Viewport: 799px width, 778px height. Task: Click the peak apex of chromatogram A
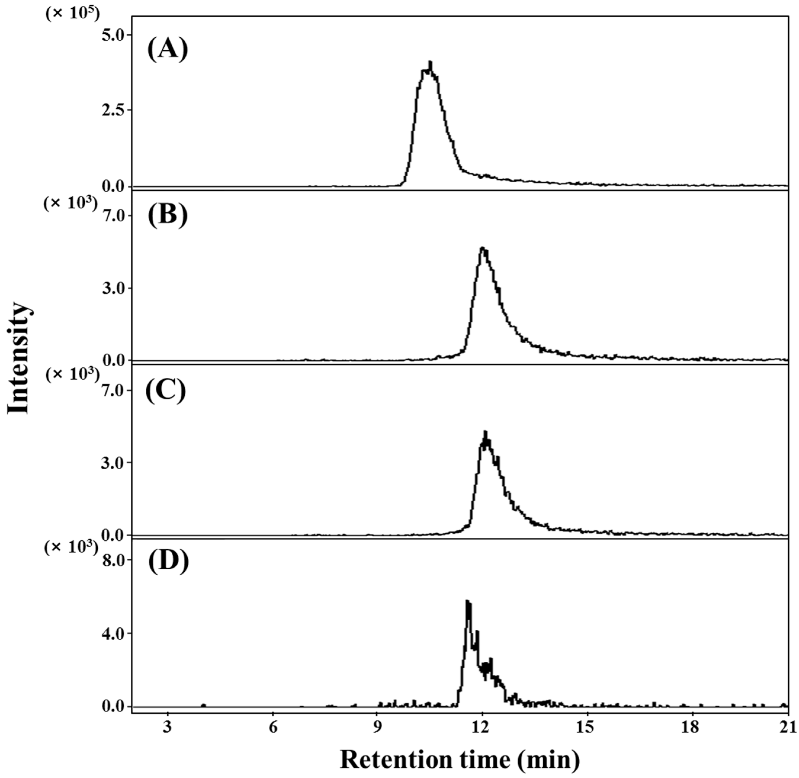click(x=430, y=62)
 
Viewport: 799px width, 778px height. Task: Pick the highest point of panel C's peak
click(x=485, y=431)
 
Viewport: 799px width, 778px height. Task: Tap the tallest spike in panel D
click(x=467, y=601)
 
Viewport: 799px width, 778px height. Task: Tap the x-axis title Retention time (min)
click(x=460, y=760)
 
